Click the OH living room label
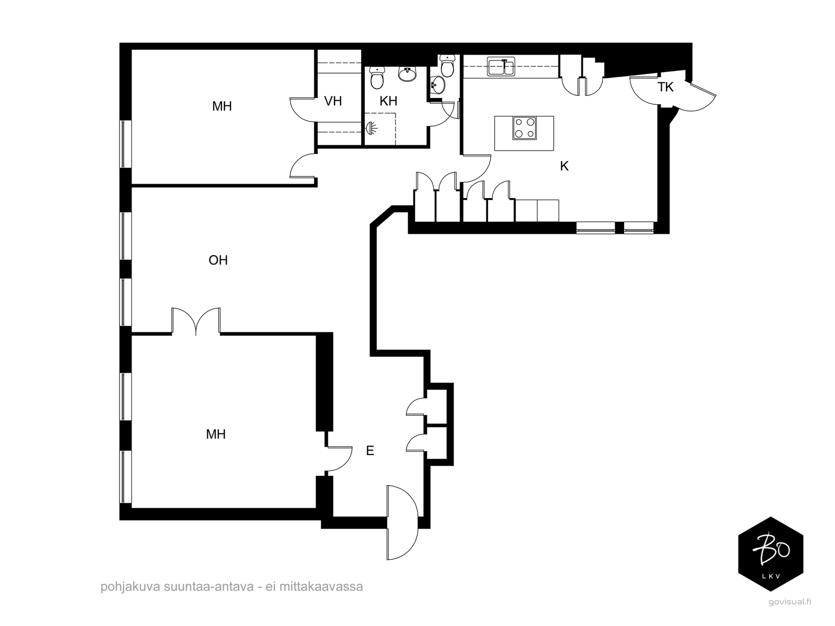pos(218,260)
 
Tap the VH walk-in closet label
pos(333,101)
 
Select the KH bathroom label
pos(388,101)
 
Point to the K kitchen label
pos(564,166)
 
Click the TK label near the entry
pos(665,87)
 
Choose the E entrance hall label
pos(370,451)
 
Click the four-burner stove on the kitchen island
pos(524,128)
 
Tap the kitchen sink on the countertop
pos(502,67)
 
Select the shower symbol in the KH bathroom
pos(372,128)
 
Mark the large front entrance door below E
pos(402,522)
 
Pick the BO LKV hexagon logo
pos(771,554)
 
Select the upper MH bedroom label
pos(222,106)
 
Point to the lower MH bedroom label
pos(216,434)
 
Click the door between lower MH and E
pos(339,459)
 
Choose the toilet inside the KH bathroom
pos(377,78)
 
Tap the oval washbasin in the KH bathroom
pos(408,74)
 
